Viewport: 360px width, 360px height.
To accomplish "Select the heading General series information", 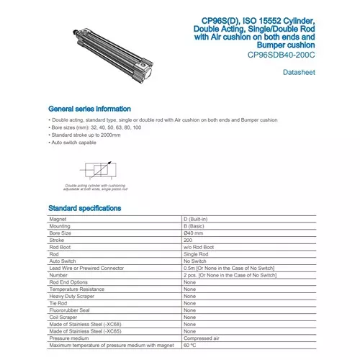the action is click(x=89, y=109).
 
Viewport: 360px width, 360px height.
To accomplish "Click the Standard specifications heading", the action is click(x=85, y=209).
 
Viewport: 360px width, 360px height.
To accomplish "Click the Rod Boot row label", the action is click(x=60, y=247).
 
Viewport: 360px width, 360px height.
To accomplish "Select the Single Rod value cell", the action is click(x=195, y=254).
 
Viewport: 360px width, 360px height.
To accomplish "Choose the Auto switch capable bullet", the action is click(x=73, y=142).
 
